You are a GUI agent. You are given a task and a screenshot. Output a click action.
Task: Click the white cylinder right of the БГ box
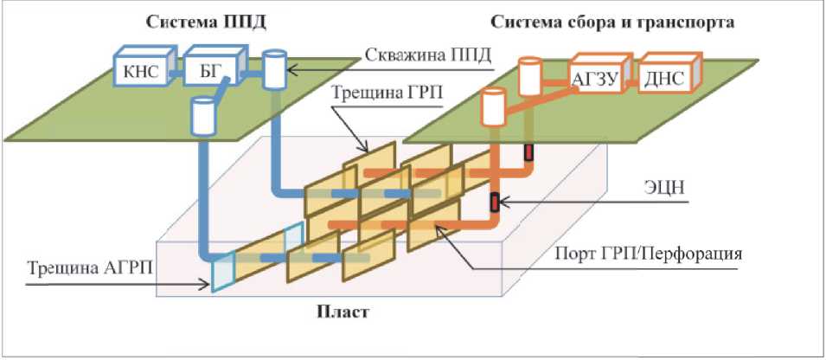click(274, 69)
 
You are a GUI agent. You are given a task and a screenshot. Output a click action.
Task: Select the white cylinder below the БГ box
click(203, 115)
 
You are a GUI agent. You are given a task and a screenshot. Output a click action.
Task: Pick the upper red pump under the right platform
click(526, 152)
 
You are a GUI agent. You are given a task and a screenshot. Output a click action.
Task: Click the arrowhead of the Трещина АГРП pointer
click(208, 281)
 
